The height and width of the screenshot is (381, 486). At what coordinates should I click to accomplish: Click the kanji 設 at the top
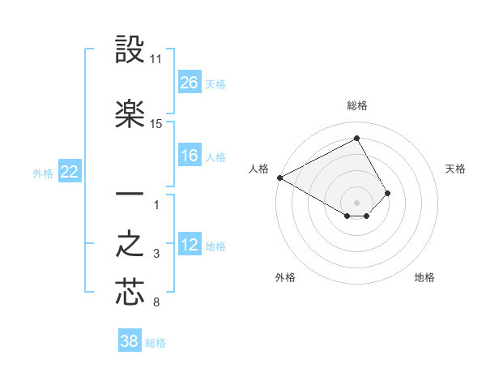pos(130,51)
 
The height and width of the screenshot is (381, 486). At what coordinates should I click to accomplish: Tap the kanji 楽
pos(130,115)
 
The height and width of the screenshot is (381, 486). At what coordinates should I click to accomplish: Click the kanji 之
pos(130,246)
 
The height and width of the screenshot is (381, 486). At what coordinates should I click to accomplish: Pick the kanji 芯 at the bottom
pos(130,293)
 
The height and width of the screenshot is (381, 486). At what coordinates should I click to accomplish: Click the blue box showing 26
pos(190,83)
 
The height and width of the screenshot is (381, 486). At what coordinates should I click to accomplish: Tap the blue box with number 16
pos(190,156)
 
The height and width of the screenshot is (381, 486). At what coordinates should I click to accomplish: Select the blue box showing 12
pos(190,245)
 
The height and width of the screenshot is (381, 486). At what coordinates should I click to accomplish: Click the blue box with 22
pos(70,172)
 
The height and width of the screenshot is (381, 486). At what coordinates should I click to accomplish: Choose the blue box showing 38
pos(130,341)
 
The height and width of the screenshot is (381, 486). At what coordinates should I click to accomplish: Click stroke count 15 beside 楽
pos(156,124)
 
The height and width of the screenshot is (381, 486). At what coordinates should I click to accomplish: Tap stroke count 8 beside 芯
pos(156,303)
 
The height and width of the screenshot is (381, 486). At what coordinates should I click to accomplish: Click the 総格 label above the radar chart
pos(357,105)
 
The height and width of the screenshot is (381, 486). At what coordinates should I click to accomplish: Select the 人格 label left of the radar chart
pos(259,169)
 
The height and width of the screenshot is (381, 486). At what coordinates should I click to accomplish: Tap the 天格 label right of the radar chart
pos(455,169)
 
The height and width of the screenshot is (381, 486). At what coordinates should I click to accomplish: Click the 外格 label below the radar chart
pos(285,277)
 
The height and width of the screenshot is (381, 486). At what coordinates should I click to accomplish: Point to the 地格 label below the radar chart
pos(424,277)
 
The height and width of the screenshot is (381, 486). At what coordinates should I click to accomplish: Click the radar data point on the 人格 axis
pos(279,177)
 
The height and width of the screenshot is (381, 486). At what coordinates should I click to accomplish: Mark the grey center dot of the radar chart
pos(357,202)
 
